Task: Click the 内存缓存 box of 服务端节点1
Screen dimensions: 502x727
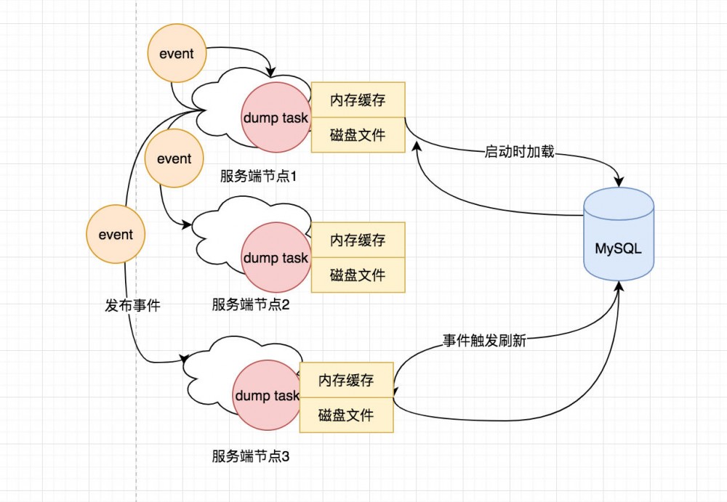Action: coord(358,100)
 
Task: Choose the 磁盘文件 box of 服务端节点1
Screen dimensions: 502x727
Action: coord(358,135)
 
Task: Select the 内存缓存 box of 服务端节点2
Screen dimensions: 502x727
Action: coord(358,240)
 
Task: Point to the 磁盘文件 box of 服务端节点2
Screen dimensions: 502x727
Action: coord(358,275)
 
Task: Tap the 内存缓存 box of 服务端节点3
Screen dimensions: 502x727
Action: coord(346,381)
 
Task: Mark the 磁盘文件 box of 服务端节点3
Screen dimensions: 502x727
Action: coord(346,416)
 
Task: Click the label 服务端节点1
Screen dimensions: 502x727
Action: coord(260,177)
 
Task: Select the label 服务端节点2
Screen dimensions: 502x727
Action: coord(251,305)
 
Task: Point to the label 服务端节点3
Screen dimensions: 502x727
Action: coord(251,457)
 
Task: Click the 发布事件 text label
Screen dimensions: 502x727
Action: coord(133,306)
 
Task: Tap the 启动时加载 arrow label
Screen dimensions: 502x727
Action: coord(519,153)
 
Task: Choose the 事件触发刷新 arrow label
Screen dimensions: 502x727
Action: coord(484,341)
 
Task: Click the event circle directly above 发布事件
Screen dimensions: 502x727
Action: coord(116,234)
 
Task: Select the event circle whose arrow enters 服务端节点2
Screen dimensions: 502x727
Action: coord(174,158)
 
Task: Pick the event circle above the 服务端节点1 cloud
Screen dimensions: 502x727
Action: coord(177,54)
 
